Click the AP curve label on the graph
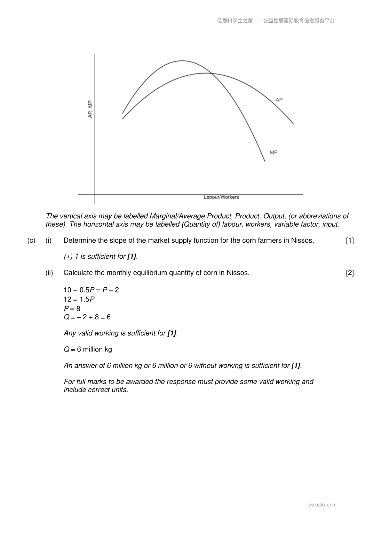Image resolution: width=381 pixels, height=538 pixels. (x=279, y=100)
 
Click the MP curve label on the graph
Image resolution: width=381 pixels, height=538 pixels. (x=274, y=152)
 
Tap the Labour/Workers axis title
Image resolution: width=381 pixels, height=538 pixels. (x=221, y=197)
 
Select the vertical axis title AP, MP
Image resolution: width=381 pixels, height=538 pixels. (x=90, y=109)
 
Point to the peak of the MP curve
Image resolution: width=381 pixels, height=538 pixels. (x=182, y=61)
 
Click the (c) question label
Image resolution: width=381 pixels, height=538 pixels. (x=31, y=240)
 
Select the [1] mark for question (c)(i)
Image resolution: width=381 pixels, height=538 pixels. (x=350, y=240)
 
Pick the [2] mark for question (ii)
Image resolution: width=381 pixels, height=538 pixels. (x=350, y=273)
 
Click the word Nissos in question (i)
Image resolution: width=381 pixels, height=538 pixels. (x=302, y=240)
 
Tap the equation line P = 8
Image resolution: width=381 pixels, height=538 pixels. (x=72, y=308)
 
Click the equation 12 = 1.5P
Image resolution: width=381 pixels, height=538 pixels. (x=79, y=299)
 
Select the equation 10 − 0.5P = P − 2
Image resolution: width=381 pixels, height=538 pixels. (x=91, y=290)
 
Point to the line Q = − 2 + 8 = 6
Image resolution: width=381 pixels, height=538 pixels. (x=87, y=317)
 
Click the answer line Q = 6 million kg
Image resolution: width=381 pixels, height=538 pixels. (x=88, y=349)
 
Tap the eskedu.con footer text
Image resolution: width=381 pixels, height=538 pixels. (x=322, y=505)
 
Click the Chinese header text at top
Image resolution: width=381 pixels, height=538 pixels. (x=276, y=21)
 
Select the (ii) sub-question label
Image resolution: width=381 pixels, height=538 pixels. (x=49, y=273)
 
